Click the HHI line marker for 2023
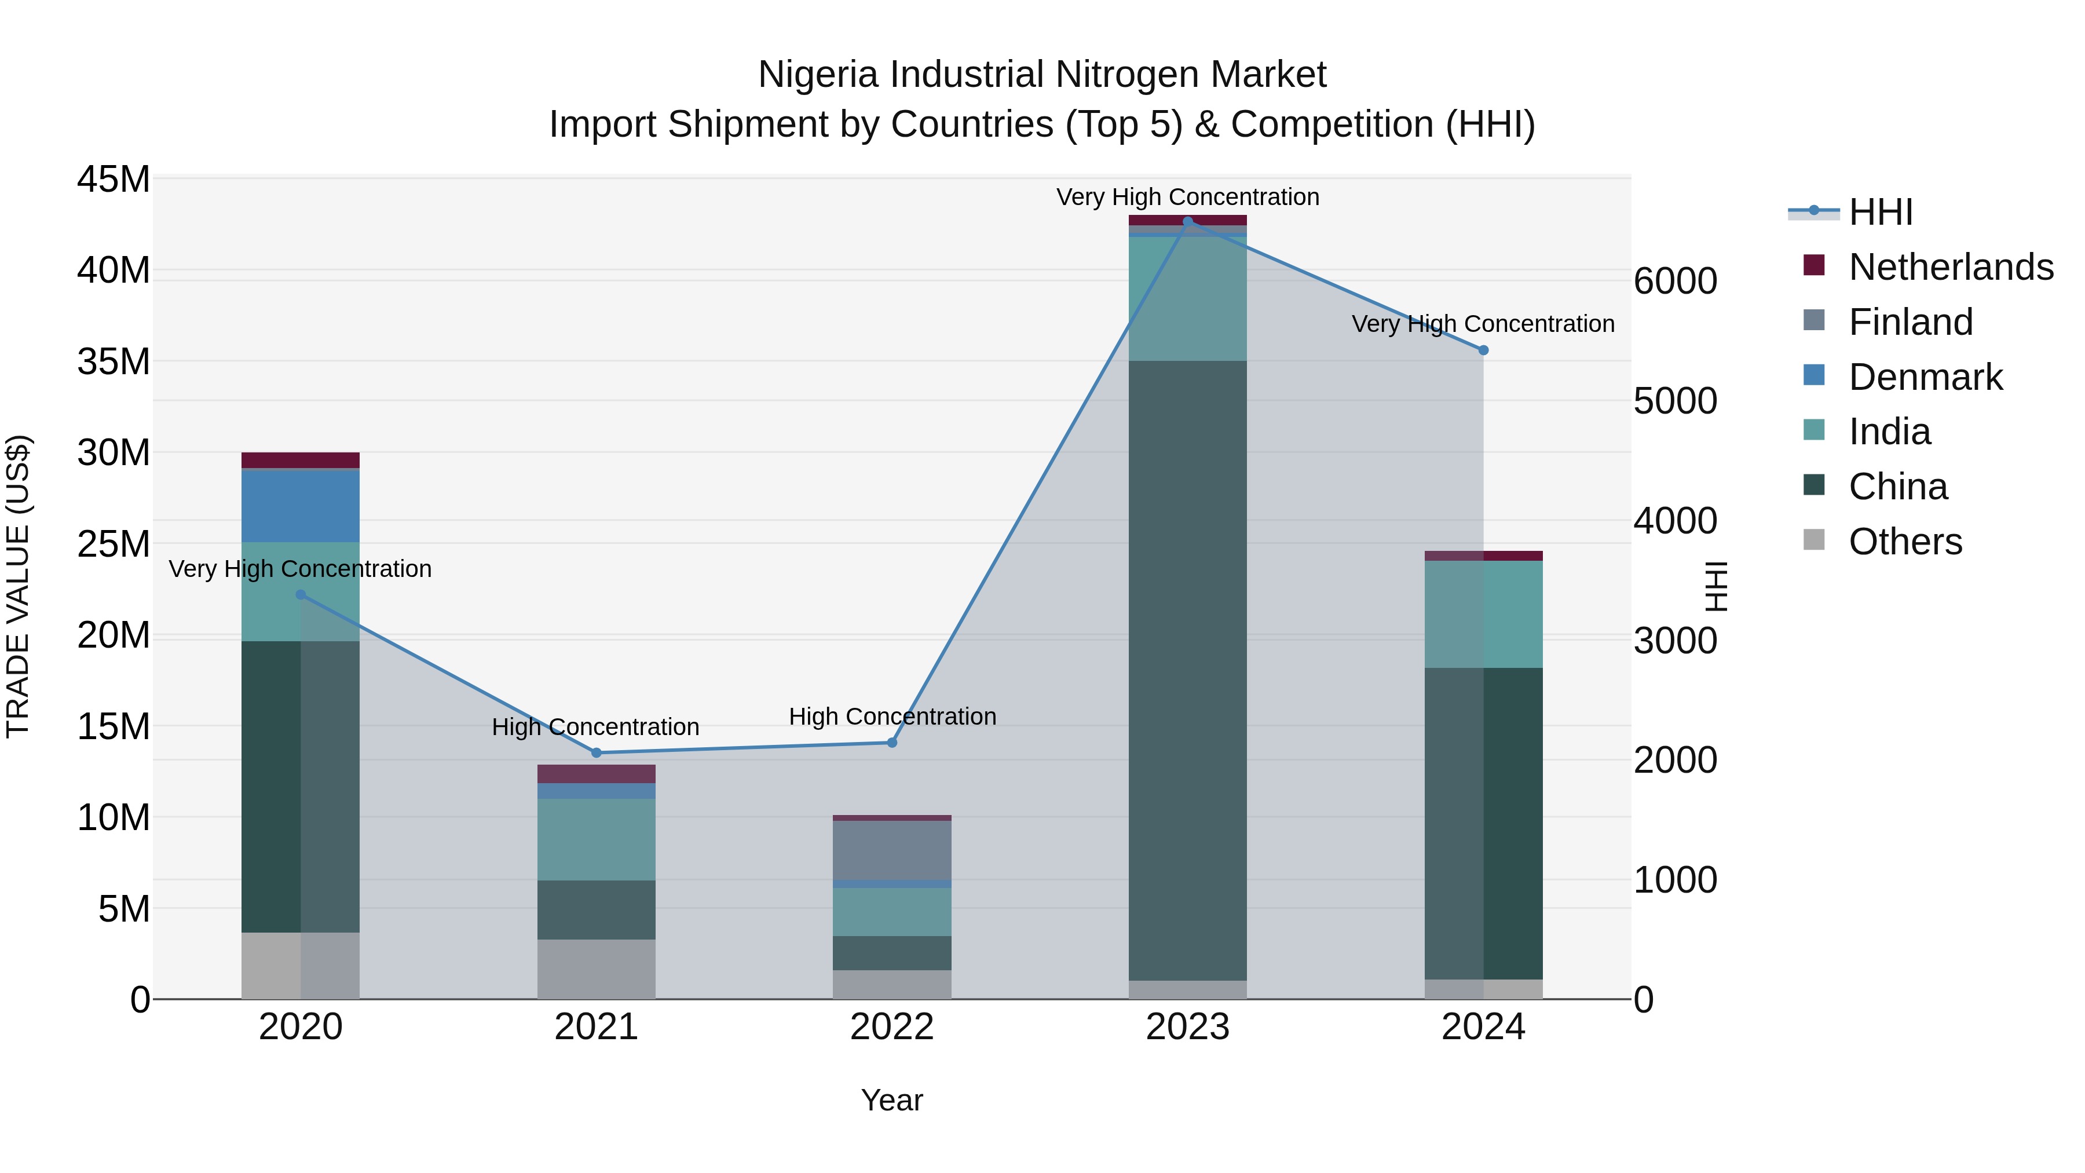click(1187, 221)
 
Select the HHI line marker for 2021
click(597, 753)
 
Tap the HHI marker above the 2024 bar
click(1484, 350)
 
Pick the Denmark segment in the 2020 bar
click(300, 506)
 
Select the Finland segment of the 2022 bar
click(892, 850)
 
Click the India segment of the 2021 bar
click(597, 839)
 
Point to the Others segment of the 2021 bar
click(597, 969)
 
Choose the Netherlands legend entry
click(1951, 267)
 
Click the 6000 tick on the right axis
click(1674, 282)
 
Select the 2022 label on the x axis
click(892, 1027)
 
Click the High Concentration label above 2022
click(892, 717)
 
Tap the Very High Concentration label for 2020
click(300, 569)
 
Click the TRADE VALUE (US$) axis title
click(19, 586)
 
